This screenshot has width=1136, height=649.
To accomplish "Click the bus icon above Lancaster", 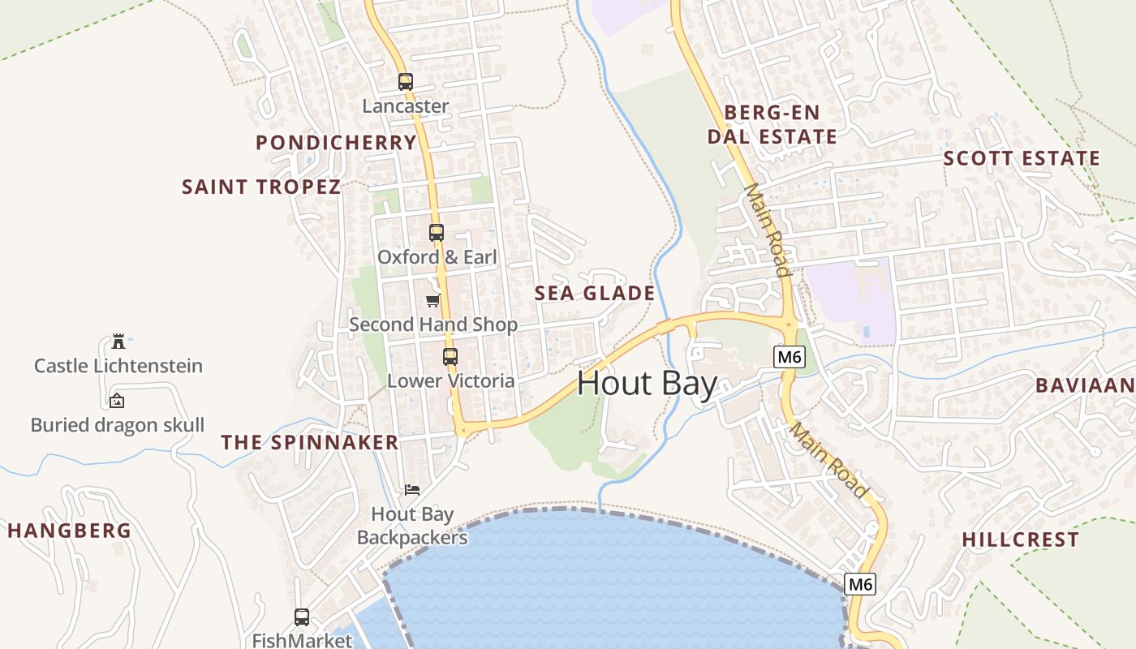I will [405, 82].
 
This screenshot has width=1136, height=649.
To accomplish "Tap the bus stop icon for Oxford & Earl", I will [437, 233].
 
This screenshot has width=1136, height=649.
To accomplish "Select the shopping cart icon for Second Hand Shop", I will [432, 301].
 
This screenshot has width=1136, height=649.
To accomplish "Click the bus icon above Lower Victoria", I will [450, 356].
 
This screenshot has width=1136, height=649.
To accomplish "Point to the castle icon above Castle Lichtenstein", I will [118, 341].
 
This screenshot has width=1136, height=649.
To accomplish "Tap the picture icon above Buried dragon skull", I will [117, 401].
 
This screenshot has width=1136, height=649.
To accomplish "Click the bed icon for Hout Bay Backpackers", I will [412, 490].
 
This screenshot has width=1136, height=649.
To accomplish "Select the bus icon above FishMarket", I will [302, 617].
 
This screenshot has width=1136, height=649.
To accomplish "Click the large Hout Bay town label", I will [647, 384].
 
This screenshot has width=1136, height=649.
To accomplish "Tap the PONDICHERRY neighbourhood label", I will [336, 143].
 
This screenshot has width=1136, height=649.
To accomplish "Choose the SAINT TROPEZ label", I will [261, 187].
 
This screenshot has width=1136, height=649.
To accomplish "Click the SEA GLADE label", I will [595, 294].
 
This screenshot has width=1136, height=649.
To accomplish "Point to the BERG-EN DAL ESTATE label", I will [772, 124].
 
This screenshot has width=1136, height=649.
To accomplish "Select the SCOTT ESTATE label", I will [1022, 158].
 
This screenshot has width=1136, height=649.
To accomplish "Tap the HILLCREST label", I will [1020, 539].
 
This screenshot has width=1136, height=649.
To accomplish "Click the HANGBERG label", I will [69, 531].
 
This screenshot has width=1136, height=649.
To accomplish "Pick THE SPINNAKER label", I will [310, 442].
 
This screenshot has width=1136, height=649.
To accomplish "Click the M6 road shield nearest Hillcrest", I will [860, 584].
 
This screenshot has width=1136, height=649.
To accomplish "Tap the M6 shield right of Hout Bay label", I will [790, 357].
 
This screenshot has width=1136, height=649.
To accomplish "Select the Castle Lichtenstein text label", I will [118, 366].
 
